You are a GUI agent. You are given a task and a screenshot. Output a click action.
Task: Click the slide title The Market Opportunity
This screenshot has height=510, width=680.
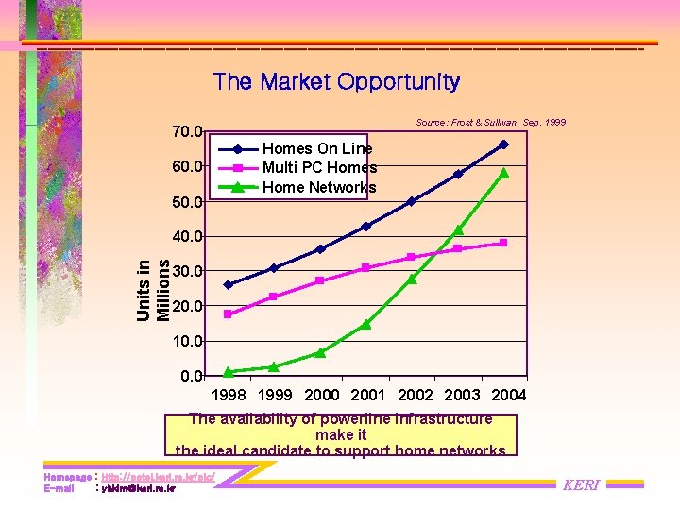(336, 82)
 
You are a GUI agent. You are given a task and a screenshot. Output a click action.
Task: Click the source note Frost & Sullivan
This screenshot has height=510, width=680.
(490, 124)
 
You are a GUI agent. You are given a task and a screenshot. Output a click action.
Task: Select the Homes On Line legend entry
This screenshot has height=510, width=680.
(317, 148)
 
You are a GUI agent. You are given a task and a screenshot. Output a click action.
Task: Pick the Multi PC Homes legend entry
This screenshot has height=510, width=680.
(319, 167)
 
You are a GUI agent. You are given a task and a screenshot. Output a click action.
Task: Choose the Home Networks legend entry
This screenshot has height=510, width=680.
(319, 187)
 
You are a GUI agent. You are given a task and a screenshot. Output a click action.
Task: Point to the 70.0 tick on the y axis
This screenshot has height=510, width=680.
(186, 131)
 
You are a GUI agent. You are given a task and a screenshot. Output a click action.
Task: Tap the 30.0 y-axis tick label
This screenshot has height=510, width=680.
(186, 271)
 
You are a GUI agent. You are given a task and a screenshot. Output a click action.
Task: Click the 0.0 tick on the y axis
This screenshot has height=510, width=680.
(191, 376)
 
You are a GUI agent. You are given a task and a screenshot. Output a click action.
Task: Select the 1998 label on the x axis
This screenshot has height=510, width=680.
(229, 395)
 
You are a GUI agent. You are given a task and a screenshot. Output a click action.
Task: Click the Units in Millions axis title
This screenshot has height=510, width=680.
(153, 290)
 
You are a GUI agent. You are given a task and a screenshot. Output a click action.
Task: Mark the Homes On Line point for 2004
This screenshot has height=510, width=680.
(503, 144)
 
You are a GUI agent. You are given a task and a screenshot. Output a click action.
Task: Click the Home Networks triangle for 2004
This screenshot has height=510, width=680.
(503, 173)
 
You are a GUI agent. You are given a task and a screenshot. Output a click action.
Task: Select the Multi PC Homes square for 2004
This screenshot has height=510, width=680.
(503, 243)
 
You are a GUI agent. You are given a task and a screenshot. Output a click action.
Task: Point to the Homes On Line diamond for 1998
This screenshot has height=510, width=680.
(228, 284)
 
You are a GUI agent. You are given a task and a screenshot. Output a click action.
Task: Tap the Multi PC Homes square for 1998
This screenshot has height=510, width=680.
(228, 314)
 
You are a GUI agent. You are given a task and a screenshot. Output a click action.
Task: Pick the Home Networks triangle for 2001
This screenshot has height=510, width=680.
(365, 325)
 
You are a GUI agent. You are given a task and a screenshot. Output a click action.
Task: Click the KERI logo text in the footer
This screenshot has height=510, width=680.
(581, 484)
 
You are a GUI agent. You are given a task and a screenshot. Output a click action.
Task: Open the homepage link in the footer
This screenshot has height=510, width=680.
(158, 478)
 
